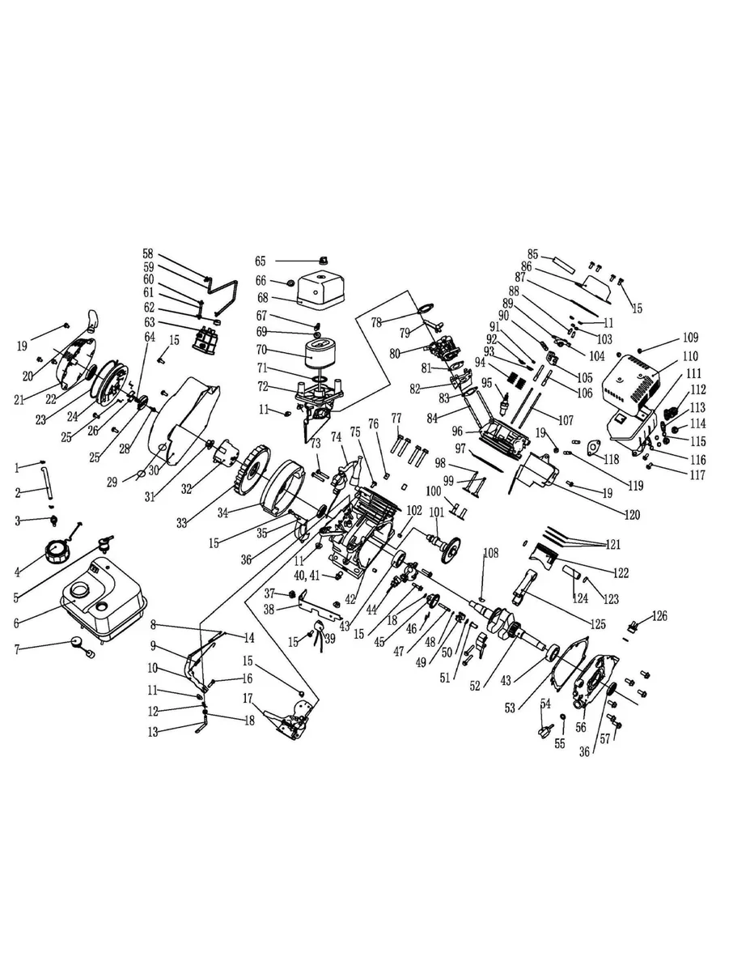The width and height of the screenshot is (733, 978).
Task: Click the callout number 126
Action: coord(660,616)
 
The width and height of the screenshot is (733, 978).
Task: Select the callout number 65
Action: coord(261,261)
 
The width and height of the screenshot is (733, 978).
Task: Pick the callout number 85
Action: coord(533,253)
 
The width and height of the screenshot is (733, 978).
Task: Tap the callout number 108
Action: coord(491,552)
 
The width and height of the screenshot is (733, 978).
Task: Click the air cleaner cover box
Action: coord(325,291)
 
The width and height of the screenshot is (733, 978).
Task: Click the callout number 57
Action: coord(604,738)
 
